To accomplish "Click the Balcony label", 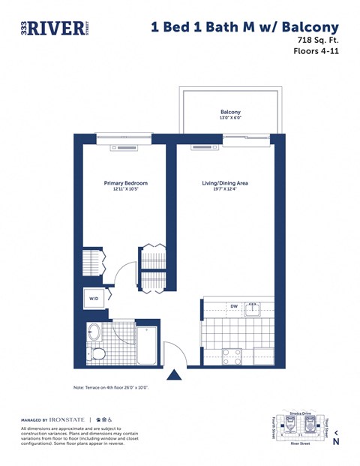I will [230, 112].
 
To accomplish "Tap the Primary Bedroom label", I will [125, 183].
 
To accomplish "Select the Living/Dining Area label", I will [225, 183].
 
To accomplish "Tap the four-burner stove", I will [231, 356].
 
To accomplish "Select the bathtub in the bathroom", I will [146, 345].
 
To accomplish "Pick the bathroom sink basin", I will [94, 331].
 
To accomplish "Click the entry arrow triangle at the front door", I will [174, 374].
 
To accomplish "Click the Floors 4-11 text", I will [316, 52].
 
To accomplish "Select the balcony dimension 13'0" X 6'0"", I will [230, 119].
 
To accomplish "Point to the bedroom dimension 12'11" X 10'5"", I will [125, 190].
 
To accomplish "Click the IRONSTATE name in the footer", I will [67, 419].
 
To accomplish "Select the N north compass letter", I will [336, 442].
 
